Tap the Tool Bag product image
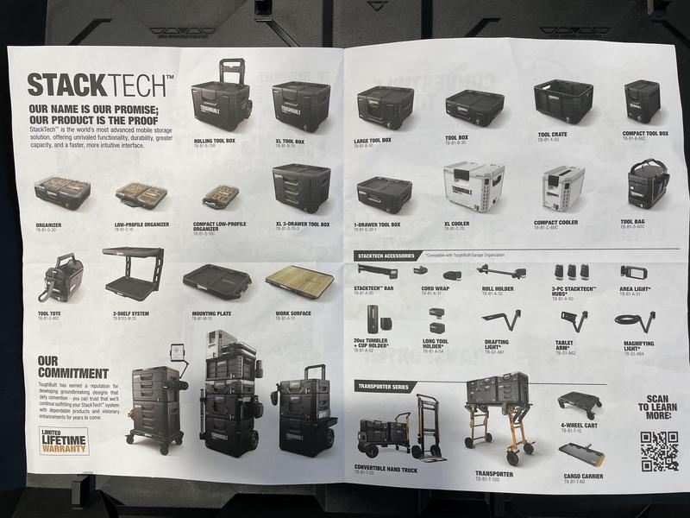tap(648, 184)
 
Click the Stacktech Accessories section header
tap(387, 256)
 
